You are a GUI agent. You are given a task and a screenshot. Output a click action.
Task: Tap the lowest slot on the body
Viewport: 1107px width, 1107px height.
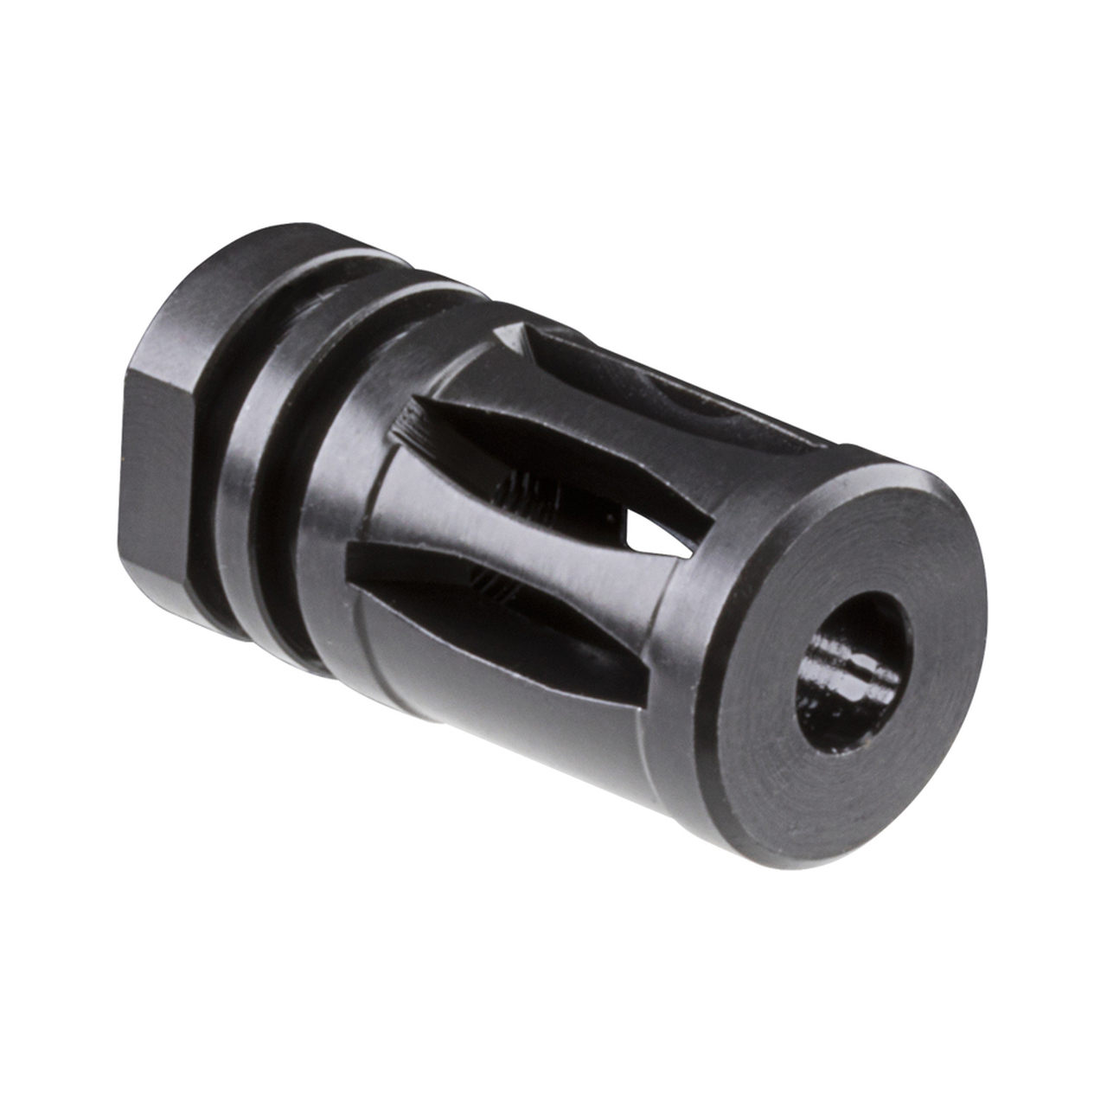(x=484, y=605)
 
